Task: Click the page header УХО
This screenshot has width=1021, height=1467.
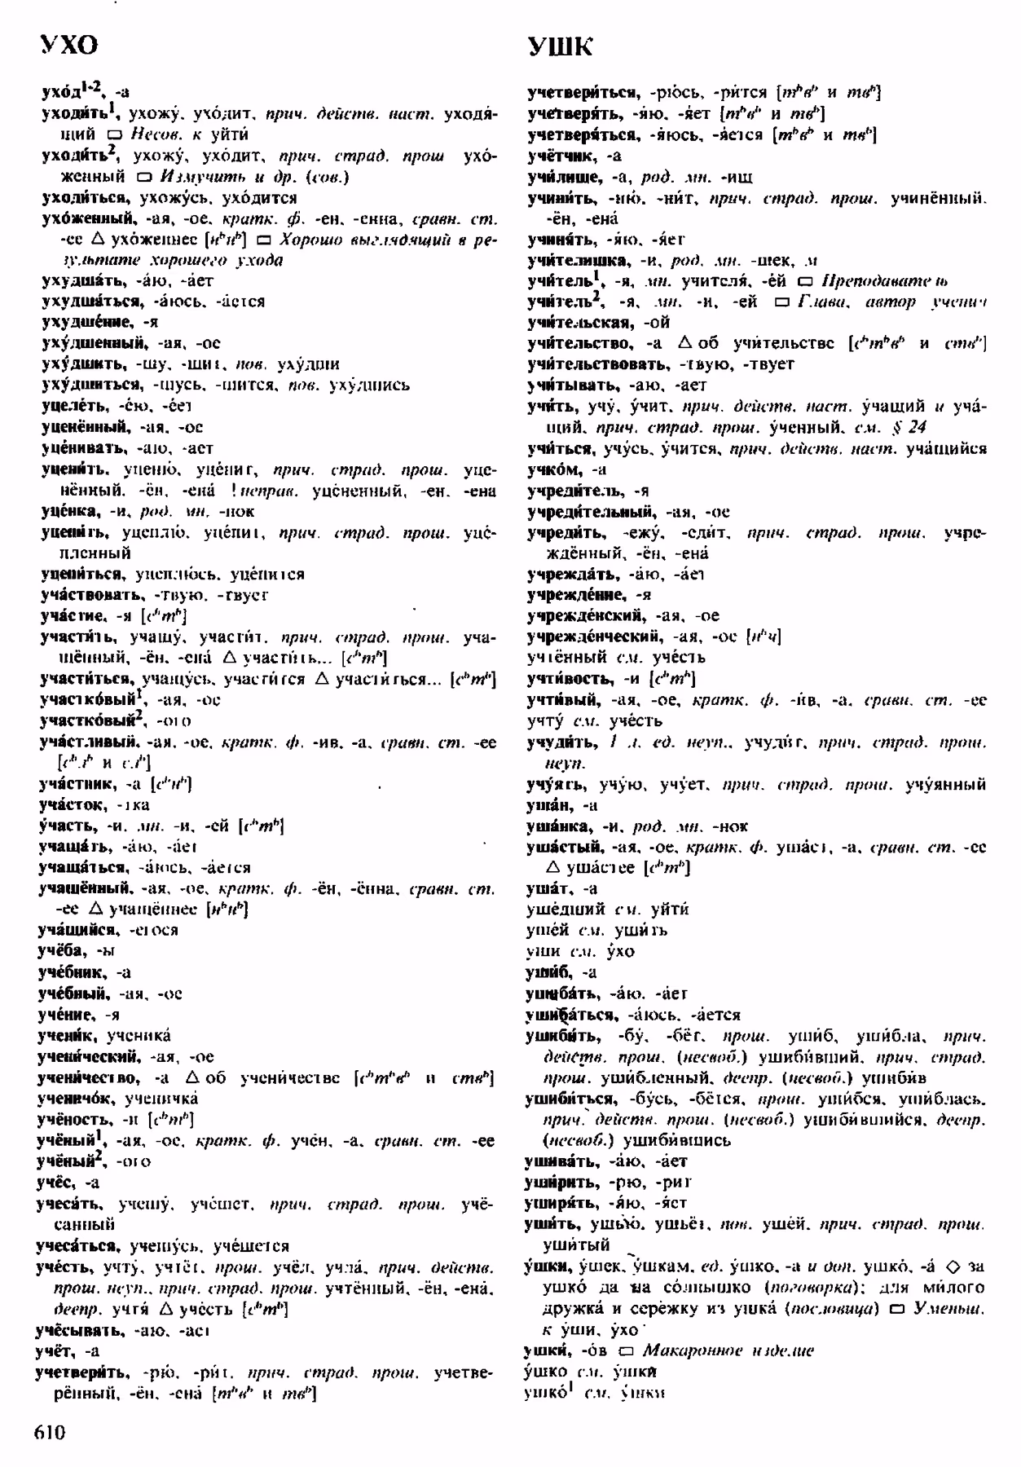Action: tap(69, 46)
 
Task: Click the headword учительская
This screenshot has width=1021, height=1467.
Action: tap(579, 323)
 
